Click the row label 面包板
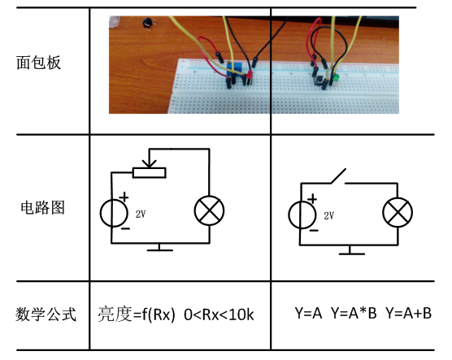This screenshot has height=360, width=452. (x=38, y=63)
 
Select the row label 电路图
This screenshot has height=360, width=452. (x=42, y=207)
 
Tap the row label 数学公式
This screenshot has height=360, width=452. (x=46, y=314)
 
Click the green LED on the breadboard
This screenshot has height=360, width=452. (x=336, y=78)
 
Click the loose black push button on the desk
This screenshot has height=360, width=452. (x=149, y=23)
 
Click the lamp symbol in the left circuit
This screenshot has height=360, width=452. (x=209, y=210)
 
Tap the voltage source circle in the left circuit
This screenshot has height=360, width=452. (x=114, y=213)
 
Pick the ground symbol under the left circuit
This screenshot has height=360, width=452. (x=159, y=247)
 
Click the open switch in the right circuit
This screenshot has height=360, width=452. (x=338, y=176)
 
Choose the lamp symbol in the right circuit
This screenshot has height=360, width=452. (x=398, y=212)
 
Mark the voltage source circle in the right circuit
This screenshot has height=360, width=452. (x=302, y=215)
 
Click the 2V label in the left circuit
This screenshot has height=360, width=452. (x=141, y=214)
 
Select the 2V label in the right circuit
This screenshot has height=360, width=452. (x=328, y=215)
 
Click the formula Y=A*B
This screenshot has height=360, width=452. (x=354, y=313)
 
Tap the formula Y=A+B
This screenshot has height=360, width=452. (x=408, y=313)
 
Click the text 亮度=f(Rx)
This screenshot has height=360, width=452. (x=137, y=314)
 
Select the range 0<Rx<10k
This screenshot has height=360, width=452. (x=219, y=314)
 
